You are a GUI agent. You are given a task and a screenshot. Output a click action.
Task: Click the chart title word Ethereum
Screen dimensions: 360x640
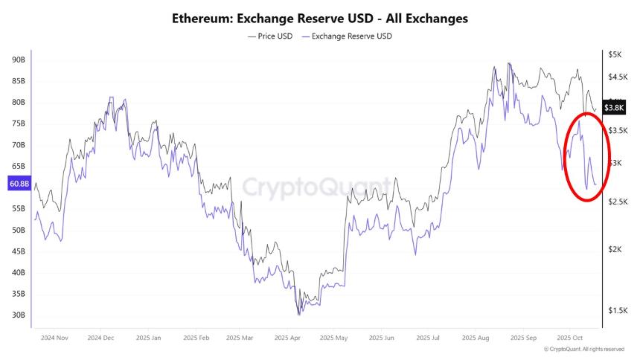click(x=201, y=18)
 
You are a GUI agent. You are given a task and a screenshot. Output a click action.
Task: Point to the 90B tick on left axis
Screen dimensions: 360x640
click(x=19, y=60)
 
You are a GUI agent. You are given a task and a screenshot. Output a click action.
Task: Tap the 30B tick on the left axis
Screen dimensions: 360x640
click(x=19, y=315)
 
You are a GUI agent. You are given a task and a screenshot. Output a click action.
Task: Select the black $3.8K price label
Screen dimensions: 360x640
click(x=614, y=108)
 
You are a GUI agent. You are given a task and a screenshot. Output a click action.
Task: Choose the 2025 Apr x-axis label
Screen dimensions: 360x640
click(x=287, y=338)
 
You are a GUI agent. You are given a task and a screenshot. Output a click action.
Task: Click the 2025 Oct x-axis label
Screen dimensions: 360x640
click(x=569, y=338)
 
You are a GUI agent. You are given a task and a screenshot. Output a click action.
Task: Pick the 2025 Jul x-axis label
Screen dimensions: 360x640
click(x=428, y=338)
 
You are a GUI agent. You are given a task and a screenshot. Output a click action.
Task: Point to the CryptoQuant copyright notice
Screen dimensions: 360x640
click(x=584, y=349)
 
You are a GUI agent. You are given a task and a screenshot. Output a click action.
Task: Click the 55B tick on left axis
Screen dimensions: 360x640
click(x=19, y=209)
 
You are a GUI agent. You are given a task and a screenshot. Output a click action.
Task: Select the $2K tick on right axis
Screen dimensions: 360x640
click(x=615, y=250)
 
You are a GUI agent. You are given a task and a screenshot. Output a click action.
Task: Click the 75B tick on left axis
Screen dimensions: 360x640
click(x=19, y=123)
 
